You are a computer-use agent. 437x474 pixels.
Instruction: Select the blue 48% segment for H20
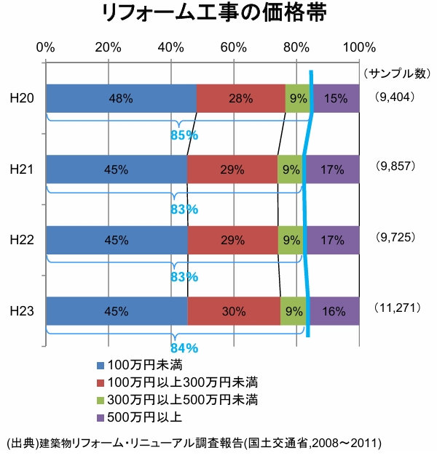[x=121, y=98]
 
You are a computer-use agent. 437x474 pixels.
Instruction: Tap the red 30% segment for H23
[x=234, y=311]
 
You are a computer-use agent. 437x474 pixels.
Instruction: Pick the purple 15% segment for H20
[x=336, y=98]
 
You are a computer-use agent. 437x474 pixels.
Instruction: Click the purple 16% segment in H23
[x=334, y=311]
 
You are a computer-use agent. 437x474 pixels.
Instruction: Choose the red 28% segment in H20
[x=240, y=98]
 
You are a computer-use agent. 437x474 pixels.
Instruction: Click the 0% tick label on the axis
[x=46, y=48]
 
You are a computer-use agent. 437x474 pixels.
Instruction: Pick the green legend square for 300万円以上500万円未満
[x=101, y=401]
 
